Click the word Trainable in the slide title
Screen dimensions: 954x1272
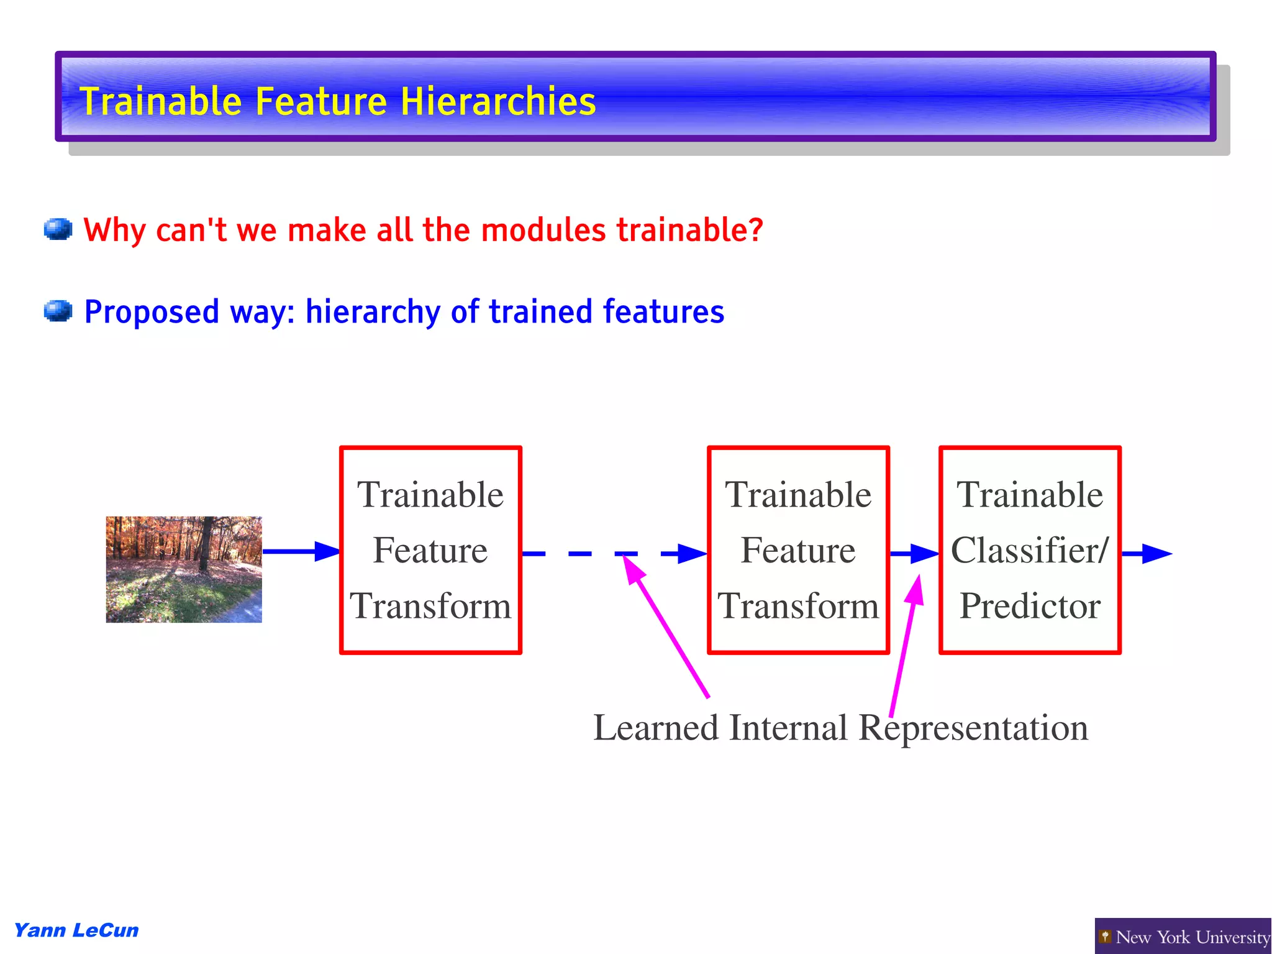tap(161, 101)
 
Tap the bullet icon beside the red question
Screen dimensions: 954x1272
tap(58, 229)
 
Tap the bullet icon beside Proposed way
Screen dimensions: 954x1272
tap(58, 311)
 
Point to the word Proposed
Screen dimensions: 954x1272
tap(152, 312)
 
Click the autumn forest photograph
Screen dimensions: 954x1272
tap(184, 569)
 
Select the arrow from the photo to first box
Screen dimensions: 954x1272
tap(301, 551)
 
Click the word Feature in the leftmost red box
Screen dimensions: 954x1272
tap(430, 551)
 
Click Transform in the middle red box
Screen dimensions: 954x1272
tap(798, 606)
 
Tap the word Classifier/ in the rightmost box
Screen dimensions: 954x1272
tap(1029, 551)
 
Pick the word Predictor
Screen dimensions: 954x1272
tap(1029, 606)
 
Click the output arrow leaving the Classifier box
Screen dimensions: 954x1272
tap(1146, 553)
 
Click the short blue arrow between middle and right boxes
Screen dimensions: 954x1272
tap(913, 553)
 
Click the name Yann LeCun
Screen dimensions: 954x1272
tap(76, 930)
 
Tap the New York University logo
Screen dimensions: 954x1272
tap(1183, 937)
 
